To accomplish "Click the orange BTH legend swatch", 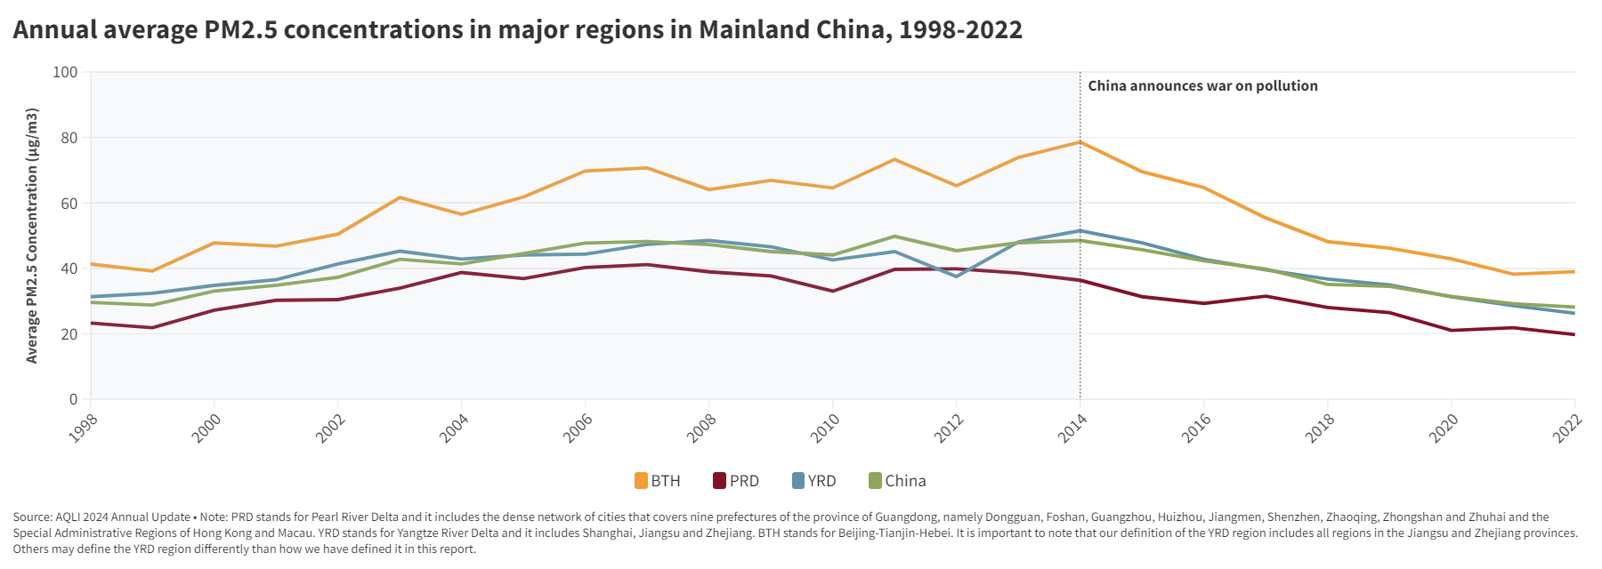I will point(641,481).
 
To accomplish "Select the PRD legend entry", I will point(736,481).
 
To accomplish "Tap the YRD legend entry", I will point(814,481).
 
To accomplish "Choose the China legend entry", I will point(897,481).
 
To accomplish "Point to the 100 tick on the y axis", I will point(66,72).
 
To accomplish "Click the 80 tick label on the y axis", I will point(69,138).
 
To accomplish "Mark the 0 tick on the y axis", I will point(74,399).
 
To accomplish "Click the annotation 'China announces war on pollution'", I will point(1202,86).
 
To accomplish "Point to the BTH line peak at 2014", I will point(1080,141).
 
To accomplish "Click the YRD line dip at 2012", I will point(957,276).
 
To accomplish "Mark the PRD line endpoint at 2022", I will point(1574,334).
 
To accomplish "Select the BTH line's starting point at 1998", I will point(92,264).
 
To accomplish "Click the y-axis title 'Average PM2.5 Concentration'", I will point(32,236).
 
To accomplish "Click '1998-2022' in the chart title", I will point(960,29).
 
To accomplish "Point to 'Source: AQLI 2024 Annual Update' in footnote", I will point(101,517).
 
